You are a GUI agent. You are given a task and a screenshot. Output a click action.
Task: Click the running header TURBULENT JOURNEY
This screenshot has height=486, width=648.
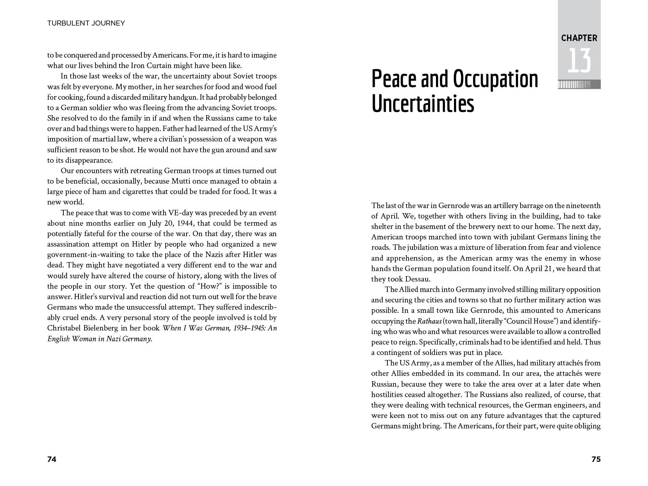tap(86, 23)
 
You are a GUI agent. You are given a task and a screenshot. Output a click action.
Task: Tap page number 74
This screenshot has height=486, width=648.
tap(52, 459)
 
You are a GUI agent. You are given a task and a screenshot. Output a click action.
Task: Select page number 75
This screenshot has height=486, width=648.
tap(596, 459)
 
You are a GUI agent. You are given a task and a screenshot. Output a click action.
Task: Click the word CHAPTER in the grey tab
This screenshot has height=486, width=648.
tap(579, 38)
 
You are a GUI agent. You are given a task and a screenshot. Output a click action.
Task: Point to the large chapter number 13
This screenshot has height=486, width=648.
tap(579, 60)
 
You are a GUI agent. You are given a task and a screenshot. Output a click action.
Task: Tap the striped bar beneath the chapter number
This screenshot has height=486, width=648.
tap(579, 85)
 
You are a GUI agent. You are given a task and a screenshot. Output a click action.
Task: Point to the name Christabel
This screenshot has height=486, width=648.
tap(62, 328)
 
